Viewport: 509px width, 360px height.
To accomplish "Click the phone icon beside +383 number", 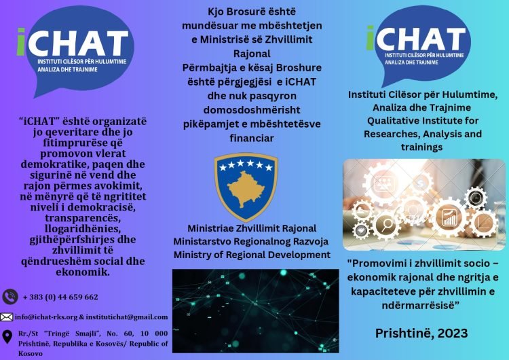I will [x=10, y=297].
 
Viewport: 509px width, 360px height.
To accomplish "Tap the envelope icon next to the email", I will [x=7, y=317].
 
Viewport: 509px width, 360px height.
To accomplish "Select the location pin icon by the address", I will [x=7, y=336].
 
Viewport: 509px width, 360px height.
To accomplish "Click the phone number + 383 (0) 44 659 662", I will [x=60, y=297].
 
